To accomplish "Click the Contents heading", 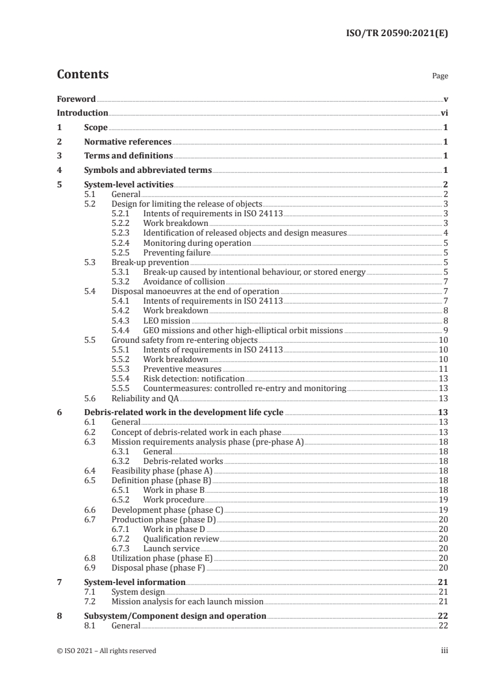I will tap(83, 75).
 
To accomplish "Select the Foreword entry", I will tap(76, 99).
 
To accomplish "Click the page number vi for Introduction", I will tap(444, 113).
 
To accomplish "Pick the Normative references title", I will tap(128, 142).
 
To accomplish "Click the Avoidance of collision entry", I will tap(184, 281).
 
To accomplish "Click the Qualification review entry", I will tap(181, 539).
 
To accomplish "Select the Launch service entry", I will tap(171, 548).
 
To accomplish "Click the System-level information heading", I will tap(134, 582).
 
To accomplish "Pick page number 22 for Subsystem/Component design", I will tap(443, 616).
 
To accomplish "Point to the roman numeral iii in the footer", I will tap(444, 651).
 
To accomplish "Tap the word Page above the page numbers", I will tap(440, 77).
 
